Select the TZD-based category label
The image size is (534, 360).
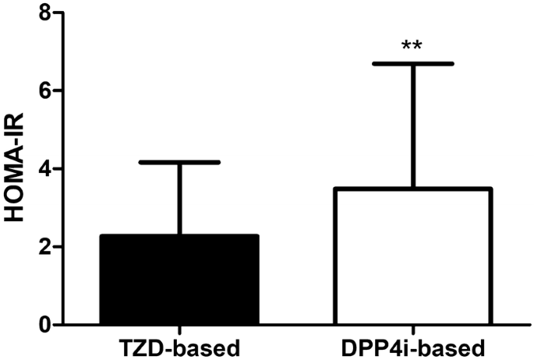point(179,345)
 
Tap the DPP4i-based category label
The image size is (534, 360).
point(412,345)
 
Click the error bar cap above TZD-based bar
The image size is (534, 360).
point(179,162)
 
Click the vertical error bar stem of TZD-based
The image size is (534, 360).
point(179,198)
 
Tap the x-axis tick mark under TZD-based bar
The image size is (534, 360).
point(179,328)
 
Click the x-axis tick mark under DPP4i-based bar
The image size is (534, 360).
point(412,328)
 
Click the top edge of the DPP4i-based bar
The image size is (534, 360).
point(412,189)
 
